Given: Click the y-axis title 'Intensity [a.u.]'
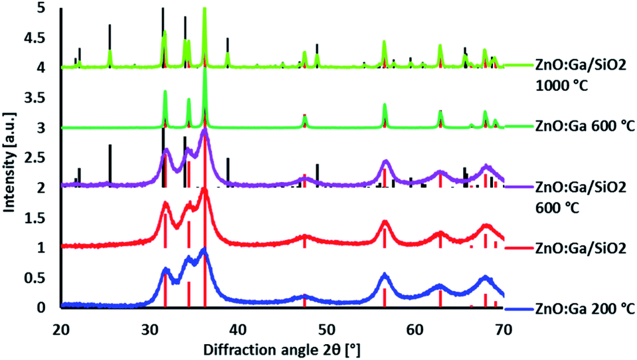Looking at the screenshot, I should [x=11, y=157].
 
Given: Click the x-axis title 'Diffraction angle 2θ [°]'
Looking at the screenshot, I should [x=282, y=348].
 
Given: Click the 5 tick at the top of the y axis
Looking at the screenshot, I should [x=46, y=8].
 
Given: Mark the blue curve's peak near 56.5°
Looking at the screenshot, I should [x=384, y=275].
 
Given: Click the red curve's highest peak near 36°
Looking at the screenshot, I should [x=205, y=190].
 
